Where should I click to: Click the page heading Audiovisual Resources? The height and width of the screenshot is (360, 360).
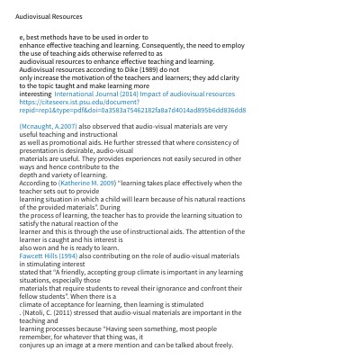[49, 16]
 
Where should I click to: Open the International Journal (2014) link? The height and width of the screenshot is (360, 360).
[144, 94]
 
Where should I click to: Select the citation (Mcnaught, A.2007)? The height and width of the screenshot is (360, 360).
[48, 127]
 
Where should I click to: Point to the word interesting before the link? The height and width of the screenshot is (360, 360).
[35, 94]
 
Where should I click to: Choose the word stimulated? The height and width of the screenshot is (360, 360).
[185, 304]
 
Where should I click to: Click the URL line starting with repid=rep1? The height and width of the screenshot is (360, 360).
[131, 110]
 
